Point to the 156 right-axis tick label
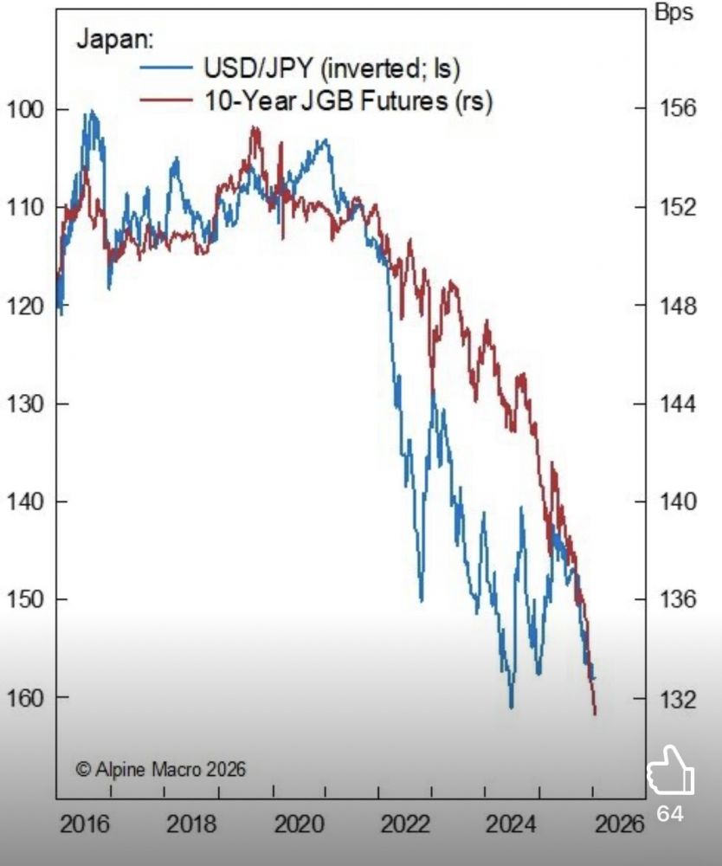[677, 109]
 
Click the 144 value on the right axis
[677, 404]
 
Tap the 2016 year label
[85, 823]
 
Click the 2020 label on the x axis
[300, 823]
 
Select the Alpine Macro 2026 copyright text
[160, 768]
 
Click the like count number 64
[670, 814]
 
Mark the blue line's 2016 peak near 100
[90, 113]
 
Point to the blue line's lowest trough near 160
[511, 707]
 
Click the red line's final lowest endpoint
[595, 713]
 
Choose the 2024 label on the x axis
[514, 823]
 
